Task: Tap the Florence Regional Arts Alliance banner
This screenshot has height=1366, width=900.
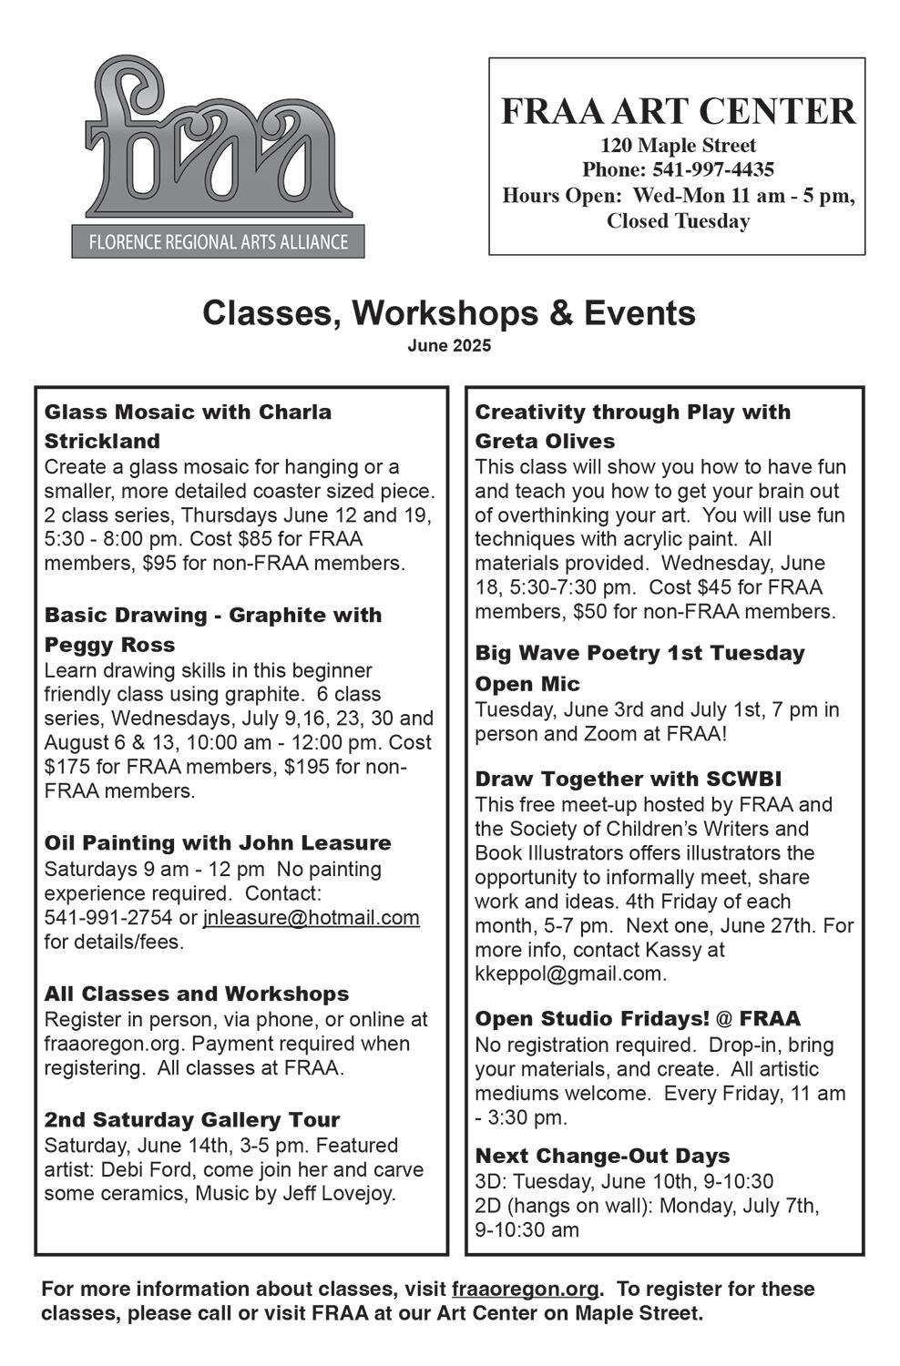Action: coord(219,242)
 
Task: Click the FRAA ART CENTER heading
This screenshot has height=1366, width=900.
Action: coord(678,111)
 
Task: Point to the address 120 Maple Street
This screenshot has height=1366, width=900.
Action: coord(678,146)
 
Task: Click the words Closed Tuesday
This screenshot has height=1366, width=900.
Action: coord(678,221)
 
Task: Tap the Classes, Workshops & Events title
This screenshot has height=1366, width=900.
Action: coord(449,313)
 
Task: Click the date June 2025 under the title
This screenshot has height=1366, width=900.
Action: coord(449,347)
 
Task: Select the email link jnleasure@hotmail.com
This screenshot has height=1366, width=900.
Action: coord(312,918)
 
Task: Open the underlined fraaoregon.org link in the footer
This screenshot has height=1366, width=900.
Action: coord(526,1290)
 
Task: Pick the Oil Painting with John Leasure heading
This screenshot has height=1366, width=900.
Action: coord(218,843)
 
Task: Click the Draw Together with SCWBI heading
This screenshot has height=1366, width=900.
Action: coord(629,780)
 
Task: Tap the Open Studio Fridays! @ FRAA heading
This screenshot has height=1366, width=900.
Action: coord(638,1019)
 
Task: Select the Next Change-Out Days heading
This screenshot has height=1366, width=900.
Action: coord(602,1157)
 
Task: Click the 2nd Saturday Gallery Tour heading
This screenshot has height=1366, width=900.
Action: coord(192,1120)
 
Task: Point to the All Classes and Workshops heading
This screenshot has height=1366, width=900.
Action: coord(197,994)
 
